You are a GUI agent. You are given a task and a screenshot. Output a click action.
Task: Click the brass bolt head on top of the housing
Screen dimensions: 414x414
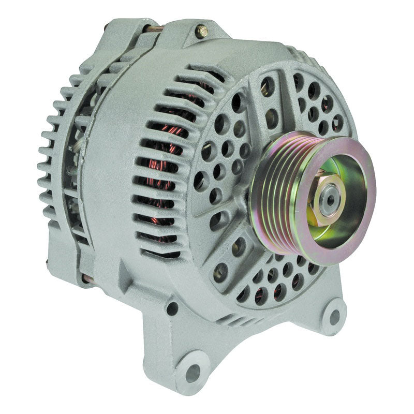[x=202, y=31]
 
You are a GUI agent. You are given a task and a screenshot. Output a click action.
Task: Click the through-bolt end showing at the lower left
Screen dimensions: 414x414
[x=88, y=279]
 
